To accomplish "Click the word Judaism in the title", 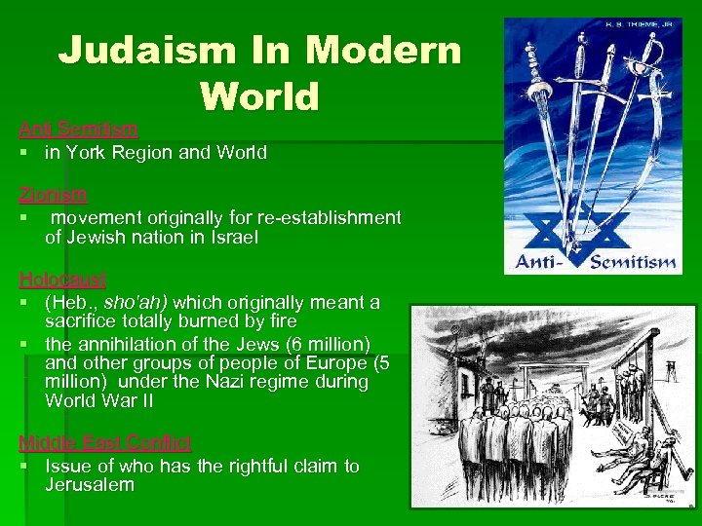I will tap(140, 51).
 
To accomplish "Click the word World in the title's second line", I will tap(259, 95).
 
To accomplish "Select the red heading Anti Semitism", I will tap(78, 129).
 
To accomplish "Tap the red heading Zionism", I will tap(53, 194).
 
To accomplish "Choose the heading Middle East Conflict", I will tap(105, 443).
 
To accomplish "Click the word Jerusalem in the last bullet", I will tap(90, 485).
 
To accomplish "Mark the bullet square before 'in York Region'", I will tap(22, 153).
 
